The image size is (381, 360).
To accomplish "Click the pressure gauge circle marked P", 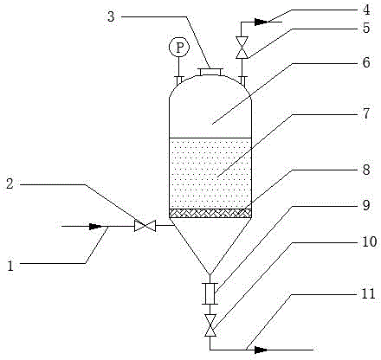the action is [x=179, y=48].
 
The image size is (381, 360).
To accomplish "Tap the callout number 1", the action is [x=10, y=266].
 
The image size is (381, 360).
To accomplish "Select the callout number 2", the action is [x=10, y=183].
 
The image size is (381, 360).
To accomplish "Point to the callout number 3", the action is [x=111, y=16].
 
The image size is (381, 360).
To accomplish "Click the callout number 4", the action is [x=366, y=10].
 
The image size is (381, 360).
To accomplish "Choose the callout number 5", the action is [x=366, y=28].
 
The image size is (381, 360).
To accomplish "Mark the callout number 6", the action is [x=366, y=62].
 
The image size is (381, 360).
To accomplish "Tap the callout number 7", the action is [x=366, y=113].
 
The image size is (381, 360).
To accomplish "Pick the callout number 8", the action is [x=366, y=170].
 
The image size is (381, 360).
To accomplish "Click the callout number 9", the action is [x=366, y=205].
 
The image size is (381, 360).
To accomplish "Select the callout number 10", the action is [x=369, y=241].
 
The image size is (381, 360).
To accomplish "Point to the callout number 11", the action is [x=369, y=293].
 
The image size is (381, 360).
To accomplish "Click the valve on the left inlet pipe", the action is [x=145, y=226].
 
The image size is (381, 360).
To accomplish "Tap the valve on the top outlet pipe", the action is [x=242, y=48].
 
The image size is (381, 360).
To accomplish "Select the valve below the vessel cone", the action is [x=210, y=325].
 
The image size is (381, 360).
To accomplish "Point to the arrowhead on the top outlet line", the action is [x=261, y=22].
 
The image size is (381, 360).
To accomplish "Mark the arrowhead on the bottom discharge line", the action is [x=261, y=350].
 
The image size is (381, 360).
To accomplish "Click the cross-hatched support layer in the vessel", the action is [x=210, y=214].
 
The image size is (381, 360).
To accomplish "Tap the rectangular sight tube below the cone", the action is [x=210, y=293].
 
